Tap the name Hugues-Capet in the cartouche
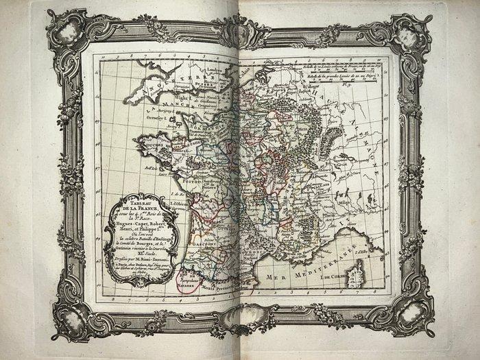(x=128, y=224)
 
